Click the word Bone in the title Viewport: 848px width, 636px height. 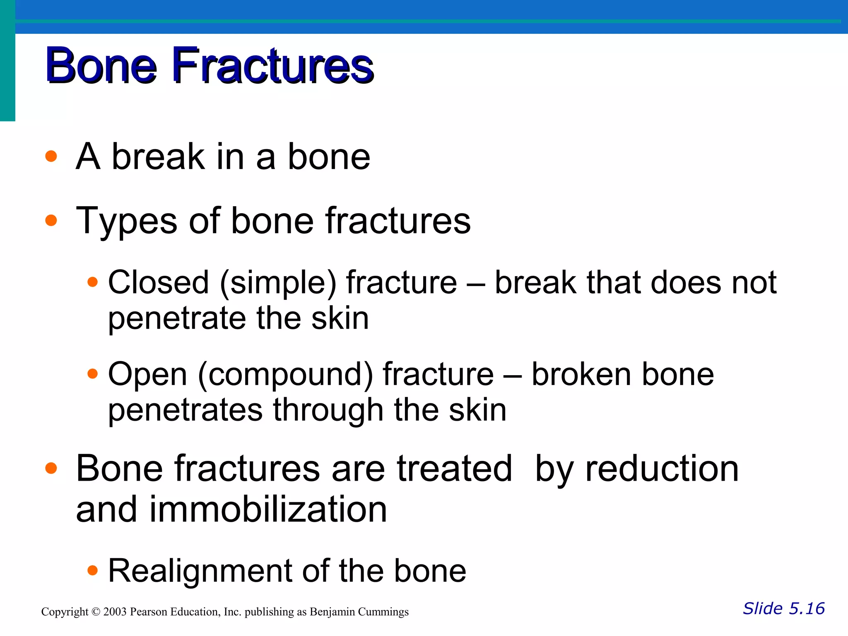(101, 66)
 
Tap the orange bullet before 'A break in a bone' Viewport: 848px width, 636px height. (51, 157)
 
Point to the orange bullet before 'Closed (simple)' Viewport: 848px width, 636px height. (93, 282)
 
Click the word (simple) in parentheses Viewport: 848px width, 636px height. (278, 283)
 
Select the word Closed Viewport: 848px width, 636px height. (158, 282)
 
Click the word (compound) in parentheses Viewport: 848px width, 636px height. (286, 375)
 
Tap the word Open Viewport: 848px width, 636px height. (147, 375)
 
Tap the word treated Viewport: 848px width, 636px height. (454, 469)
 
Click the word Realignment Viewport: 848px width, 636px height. (200, 571)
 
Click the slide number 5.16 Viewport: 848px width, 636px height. (807, 609)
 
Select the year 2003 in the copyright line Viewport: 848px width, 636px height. (115, 612)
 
